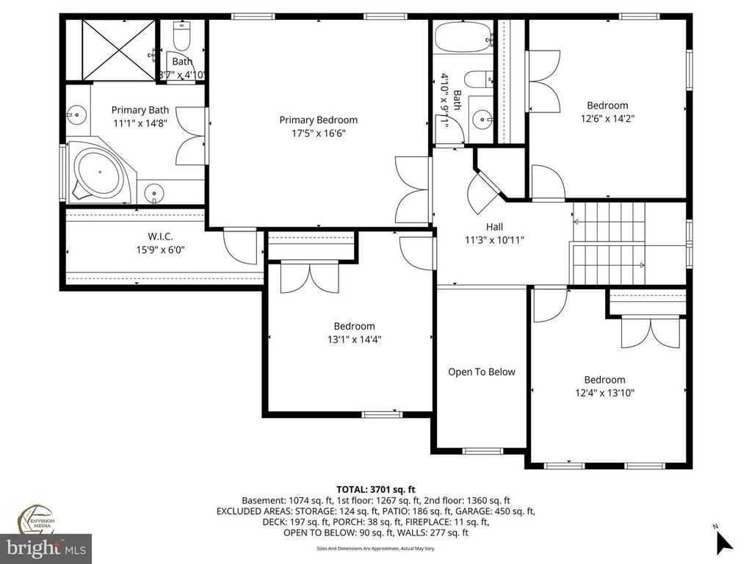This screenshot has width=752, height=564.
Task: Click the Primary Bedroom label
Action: [x=318, y=120]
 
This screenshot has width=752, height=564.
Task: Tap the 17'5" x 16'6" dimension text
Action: [x=318, y=133]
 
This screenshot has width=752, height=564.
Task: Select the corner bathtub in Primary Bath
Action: [x=101, y=174]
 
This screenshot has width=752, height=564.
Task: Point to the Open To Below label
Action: [x=482, y=372]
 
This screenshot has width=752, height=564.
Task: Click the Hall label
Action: [x=494, y=227]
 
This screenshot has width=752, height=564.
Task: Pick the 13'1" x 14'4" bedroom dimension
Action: [x=354, y=339]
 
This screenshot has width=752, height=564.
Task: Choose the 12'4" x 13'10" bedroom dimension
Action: [x=604, y=393]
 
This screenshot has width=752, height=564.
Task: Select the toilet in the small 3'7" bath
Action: [x=181, y=35]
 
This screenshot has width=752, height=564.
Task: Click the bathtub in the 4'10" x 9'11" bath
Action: [x=463, y=37]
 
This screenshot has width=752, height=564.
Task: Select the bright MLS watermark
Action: [x=46, y=547]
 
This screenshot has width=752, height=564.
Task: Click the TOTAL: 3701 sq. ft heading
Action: [x=375, y=489]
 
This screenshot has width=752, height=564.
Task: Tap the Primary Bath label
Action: [x=140, y=110]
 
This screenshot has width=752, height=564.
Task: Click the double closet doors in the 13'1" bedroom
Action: [x=309, y=278]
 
